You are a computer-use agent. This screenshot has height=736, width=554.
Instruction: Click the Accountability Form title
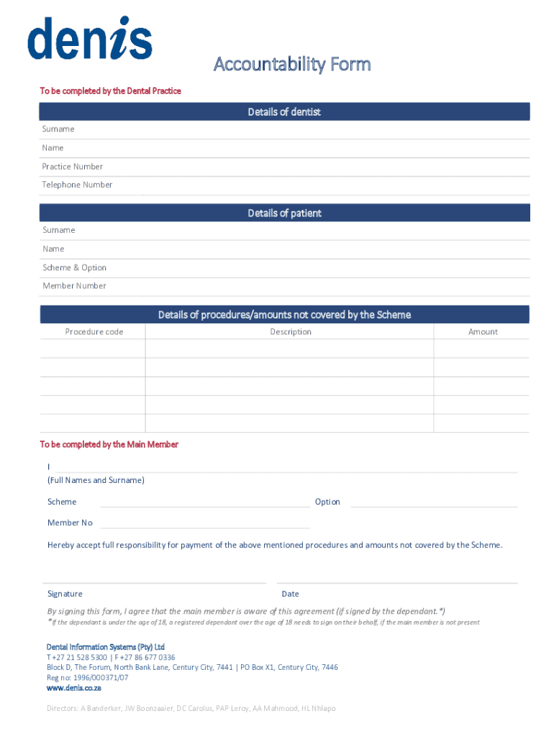coord(292,65)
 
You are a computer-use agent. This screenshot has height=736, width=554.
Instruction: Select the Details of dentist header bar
coord(284,112)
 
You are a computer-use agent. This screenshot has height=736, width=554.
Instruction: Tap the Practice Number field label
coord(72,167)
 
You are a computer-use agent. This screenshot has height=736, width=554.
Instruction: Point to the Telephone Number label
coord(77,185)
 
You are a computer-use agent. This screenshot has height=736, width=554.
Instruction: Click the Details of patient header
coord(284,213)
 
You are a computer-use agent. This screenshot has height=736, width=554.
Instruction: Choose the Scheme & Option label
coord(74,267)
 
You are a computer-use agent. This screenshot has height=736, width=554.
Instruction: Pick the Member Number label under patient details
coord(74,286)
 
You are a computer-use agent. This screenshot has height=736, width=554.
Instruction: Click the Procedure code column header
coord(94,332)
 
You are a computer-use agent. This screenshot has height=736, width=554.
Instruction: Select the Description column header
coord(291,332)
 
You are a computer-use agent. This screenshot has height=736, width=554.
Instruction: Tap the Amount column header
coord(483,332)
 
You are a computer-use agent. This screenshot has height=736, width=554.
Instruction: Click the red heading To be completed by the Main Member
coord(109,445)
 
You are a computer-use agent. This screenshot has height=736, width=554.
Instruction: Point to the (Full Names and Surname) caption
coord(96,480)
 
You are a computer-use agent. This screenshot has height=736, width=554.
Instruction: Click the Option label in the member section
coord(327,502)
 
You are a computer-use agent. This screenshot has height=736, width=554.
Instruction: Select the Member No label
coord(70,523)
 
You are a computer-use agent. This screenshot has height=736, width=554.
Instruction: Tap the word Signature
coord(65,594)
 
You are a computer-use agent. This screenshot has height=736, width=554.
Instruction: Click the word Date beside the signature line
coord(291,594)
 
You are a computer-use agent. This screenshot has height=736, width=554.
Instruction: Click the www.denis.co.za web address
coord(73,688)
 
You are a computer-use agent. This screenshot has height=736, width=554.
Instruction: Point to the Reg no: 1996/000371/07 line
coord(88,678)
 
